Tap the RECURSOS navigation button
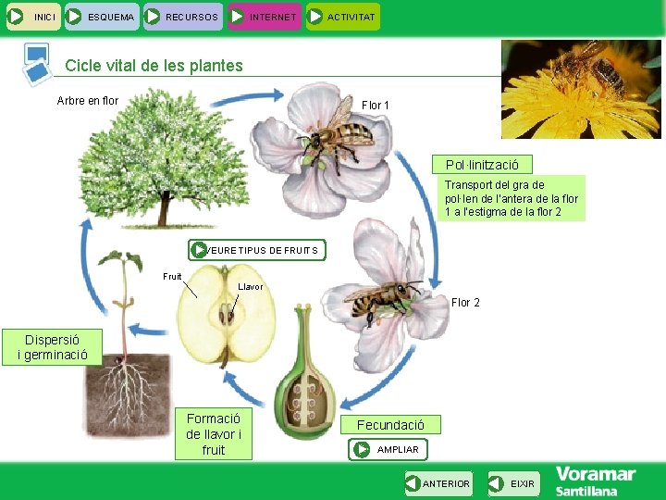point(183,17)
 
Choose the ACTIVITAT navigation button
point(342,17)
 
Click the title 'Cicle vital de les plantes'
point(154,66)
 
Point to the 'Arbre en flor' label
point(88,101)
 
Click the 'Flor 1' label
point(375,106)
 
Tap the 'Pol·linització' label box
point(481,165)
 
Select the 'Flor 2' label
point(465,303)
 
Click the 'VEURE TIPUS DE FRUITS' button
point(257,250)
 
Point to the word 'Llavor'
point(251,287)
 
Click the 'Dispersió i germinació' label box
point(52,347)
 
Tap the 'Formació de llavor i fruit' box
point(213,433)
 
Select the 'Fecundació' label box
point(391,425)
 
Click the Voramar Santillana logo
point(596,481)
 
